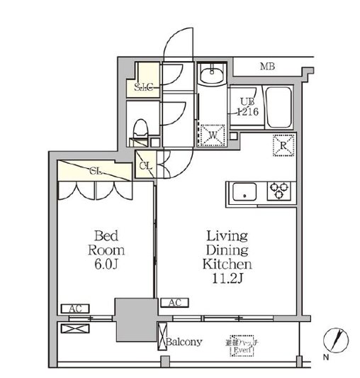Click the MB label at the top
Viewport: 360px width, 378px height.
pyautogui.click(x=267, y=67)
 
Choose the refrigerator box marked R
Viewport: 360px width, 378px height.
pyautogui.click(x=283, y=147)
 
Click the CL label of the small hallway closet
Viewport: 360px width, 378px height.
pyautogui.click(x=145, y=166)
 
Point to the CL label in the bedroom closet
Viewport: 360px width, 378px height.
pyautogui.click(x=96, y=171)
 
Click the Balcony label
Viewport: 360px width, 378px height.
pyautogui.click(x=185, y=342)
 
